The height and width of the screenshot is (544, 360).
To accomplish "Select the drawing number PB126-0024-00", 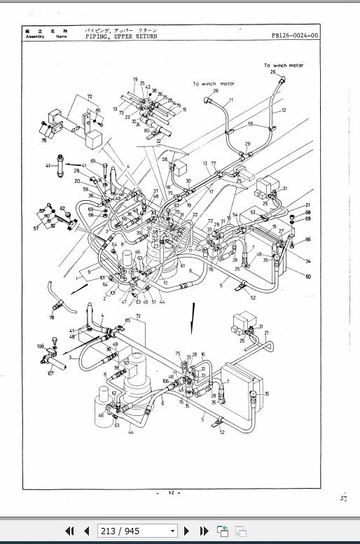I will [294, 36].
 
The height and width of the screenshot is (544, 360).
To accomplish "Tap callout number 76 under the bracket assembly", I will [43, 140].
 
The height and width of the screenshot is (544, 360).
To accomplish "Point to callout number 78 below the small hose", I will [53, 317].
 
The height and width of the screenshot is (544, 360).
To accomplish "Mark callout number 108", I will [40, 347].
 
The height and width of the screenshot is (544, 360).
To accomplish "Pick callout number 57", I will [36, 228].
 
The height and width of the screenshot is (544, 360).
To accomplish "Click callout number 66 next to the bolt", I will [307, 240].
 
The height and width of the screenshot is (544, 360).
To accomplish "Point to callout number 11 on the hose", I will [231, 101].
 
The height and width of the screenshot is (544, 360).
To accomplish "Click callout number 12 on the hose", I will [284, 110].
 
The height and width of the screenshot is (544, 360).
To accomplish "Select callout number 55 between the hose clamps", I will [250, 123].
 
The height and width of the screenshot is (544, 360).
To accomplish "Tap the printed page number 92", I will [171, 494].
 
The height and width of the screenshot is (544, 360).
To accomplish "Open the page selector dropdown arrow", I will [173, 531].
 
